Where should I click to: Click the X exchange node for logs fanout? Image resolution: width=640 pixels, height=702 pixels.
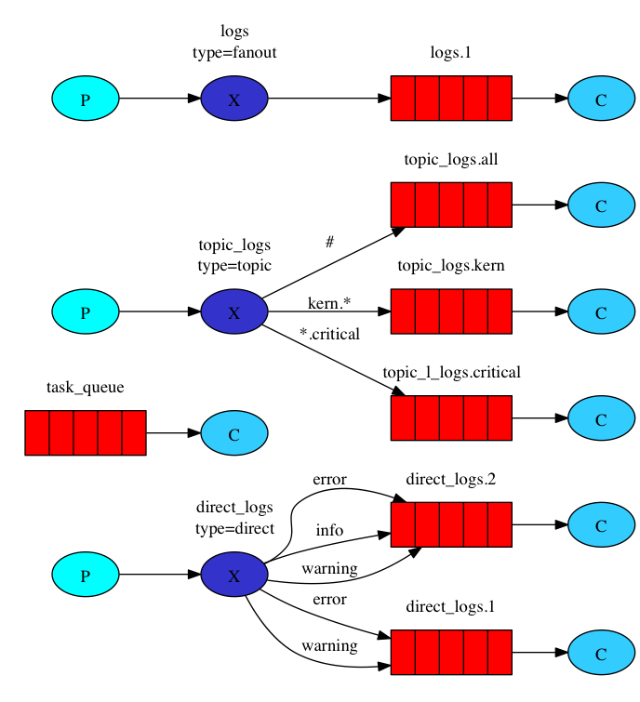click(233, 99)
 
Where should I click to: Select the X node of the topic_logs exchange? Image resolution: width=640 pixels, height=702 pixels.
click(233, 312)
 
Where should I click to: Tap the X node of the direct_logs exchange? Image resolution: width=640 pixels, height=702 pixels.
click(233, 575)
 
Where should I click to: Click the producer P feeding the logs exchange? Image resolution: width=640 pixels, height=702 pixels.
click(86, 99)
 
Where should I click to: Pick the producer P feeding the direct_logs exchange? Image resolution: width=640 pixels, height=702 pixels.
click(86, 575)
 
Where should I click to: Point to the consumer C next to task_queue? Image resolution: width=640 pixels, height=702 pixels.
click(233, 433)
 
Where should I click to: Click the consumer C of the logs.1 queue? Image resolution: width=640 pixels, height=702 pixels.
click(601, 99)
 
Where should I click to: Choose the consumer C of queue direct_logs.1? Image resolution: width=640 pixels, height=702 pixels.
click(601, 653)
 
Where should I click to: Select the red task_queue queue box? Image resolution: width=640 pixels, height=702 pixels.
click(86, 433)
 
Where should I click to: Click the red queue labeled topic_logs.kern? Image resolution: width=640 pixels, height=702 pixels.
click(451, 311)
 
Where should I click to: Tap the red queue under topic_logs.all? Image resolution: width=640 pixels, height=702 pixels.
click(451, 205)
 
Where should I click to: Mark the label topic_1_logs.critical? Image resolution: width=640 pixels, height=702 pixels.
click(451, 373)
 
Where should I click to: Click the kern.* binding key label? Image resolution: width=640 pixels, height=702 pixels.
click(329, 303)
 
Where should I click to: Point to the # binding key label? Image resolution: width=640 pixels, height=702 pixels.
click(329, 242)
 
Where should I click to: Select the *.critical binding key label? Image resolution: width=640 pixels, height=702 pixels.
click(328, 334)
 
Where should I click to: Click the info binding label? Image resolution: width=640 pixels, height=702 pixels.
click(329, 530)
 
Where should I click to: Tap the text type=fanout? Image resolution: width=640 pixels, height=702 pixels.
click(234, 52)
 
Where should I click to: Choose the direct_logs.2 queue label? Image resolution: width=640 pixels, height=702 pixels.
click(451, 480)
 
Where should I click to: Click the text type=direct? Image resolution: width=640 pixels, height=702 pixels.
click(234, 528)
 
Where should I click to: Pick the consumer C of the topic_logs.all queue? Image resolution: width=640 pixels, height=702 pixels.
click(601, 205)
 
